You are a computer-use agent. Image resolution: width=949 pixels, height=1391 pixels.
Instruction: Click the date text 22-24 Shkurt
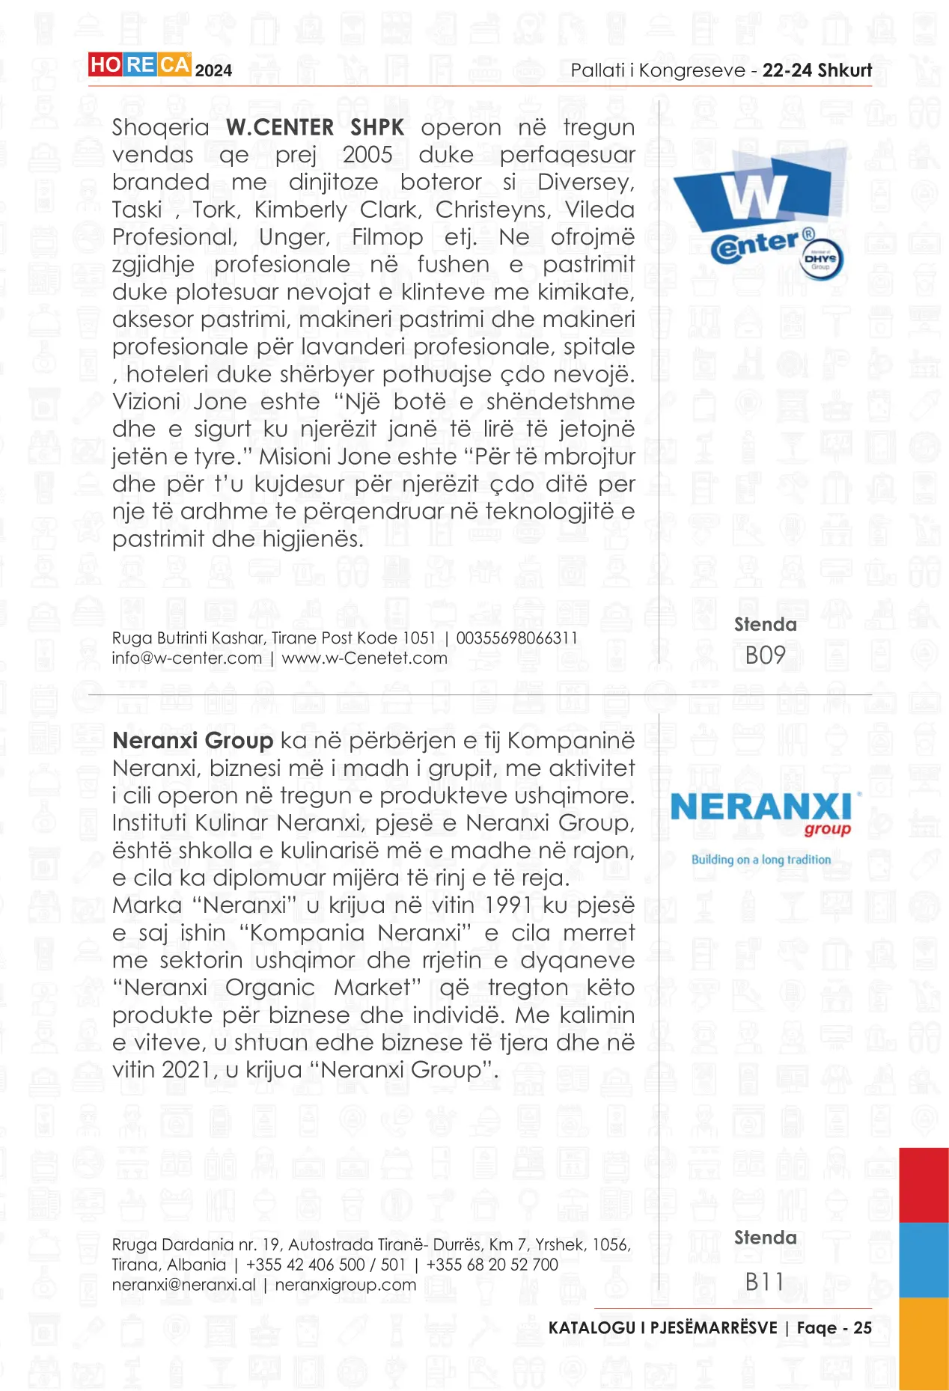817,70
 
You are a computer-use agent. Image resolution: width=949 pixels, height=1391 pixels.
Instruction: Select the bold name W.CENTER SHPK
315,127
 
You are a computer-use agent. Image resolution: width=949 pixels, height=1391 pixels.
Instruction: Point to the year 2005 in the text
367,155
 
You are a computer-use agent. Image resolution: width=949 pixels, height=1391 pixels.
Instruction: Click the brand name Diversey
585,182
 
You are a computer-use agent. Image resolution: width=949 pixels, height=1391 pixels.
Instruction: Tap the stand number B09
765,655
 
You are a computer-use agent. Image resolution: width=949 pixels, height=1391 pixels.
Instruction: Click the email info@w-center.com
187,658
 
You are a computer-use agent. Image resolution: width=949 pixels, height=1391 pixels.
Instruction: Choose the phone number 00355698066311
517,638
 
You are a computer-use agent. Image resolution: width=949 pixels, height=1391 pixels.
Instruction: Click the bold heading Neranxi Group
192,741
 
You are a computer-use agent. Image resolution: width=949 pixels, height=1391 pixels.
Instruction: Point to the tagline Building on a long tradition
760,860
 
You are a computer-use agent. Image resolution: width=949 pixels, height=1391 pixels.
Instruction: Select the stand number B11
765,1282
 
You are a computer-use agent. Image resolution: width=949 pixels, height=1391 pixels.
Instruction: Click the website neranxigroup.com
346,1285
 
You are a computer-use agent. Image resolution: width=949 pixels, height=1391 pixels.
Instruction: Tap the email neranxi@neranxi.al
183,1285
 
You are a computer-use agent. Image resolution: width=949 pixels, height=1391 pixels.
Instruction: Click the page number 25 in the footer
862,1328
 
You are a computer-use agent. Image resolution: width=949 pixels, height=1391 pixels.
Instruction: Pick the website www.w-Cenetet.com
364,658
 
